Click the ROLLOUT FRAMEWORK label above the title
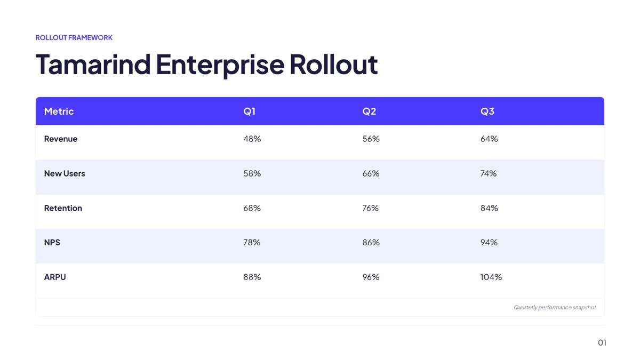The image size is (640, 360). coord(74,38)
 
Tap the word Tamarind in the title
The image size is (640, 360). coord(93,65)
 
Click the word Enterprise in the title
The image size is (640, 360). coord(220,65)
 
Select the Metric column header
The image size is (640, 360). coord(59,111)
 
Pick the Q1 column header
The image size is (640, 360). coord(250,111)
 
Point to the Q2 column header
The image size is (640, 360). coord(369,111)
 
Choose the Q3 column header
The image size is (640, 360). coord(487,111)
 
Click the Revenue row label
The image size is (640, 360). coord(61,139)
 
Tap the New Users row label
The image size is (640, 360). coord(65,173)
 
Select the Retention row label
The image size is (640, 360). coord(63,208)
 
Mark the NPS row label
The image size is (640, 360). coord(52,242)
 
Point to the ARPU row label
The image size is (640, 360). coord(55,277)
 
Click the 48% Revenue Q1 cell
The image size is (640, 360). coord(252,139)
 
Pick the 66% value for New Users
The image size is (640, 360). coord(371,173)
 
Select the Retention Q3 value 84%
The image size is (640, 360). coord(489,208)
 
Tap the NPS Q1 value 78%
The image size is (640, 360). coord(252,242)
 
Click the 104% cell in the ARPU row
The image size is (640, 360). coord(491,277)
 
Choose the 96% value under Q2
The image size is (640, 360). coord(371,277)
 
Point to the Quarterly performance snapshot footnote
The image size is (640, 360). coord(555,307)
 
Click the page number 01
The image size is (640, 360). coord(602,342)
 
